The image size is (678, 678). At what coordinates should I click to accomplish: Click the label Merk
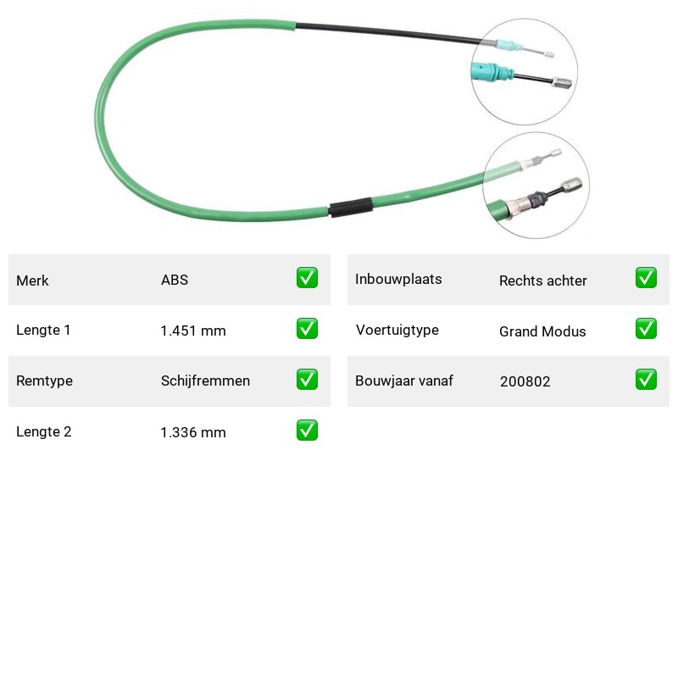tap(32, 281)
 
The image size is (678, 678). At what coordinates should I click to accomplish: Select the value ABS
tap(175, 280)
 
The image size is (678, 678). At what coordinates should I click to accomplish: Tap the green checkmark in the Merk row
tap(307, 278)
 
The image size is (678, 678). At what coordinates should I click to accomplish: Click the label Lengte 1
tap(43, 330)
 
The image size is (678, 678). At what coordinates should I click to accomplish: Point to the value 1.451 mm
tap(193, 331)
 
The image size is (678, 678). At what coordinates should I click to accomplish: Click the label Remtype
tap(45, 381)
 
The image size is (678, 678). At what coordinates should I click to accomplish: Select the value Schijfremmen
tap(205, 381)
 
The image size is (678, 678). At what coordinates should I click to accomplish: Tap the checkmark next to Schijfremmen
tap(307, 379)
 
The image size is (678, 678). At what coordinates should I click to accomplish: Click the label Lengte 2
tap(44, 431)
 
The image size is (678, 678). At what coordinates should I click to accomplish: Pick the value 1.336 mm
tap(193, 432)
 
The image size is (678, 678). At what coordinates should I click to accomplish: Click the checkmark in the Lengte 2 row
tap(307, 431)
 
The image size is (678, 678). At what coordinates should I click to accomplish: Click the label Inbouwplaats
tap(398, 280)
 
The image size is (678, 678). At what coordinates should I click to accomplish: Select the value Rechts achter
tap(543, 281)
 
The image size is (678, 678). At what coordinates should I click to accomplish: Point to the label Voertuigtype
tap(397, 331)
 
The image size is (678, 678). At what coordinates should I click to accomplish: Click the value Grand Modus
tap(542, 331)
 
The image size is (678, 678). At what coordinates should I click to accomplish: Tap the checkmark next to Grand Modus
tap(646, 329)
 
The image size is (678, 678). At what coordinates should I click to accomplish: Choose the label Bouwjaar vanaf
tap(404, 381)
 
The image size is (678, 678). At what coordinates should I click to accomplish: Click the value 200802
tap(525, 381)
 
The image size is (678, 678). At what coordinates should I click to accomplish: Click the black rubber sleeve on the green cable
tap(351, 208)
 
